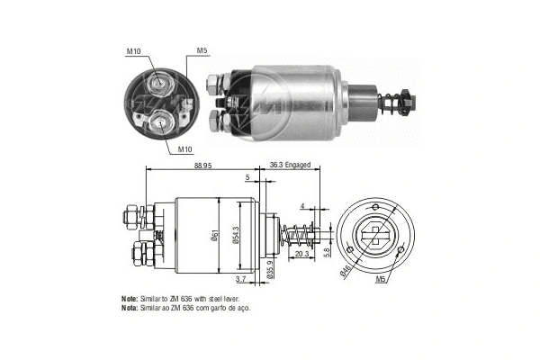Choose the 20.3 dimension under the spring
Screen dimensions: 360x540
[x=301, y=255]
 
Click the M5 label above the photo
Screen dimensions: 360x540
[x=202, y=49]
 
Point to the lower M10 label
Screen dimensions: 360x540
[x=184, y=148]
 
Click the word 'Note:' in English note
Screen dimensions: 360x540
[x=130, y=298]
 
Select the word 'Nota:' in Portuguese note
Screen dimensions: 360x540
[x=130, y=308]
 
